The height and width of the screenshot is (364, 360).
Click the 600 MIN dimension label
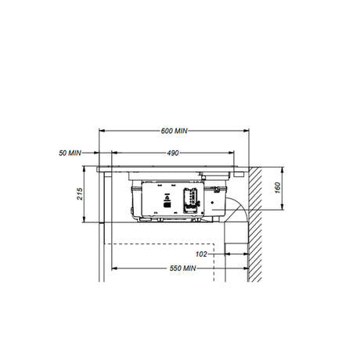[x=174, y=131]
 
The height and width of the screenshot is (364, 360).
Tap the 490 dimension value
[x=173, y=153]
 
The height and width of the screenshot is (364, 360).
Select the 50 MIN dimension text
[x=70, y=153]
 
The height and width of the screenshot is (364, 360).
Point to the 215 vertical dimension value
[x=80, y=194]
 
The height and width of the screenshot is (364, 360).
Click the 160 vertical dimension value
[x=278, y=188]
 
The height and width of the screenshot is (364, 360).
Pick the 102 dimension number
[x=201, y=254]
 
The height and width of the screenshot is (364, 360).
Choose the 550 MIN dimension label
[x=182, y=268]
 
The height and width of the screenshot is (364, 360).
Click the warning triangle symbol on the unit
[x=167, y=198]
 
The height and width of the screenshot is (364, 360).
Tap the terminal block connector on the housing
[x=191, y=200]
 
